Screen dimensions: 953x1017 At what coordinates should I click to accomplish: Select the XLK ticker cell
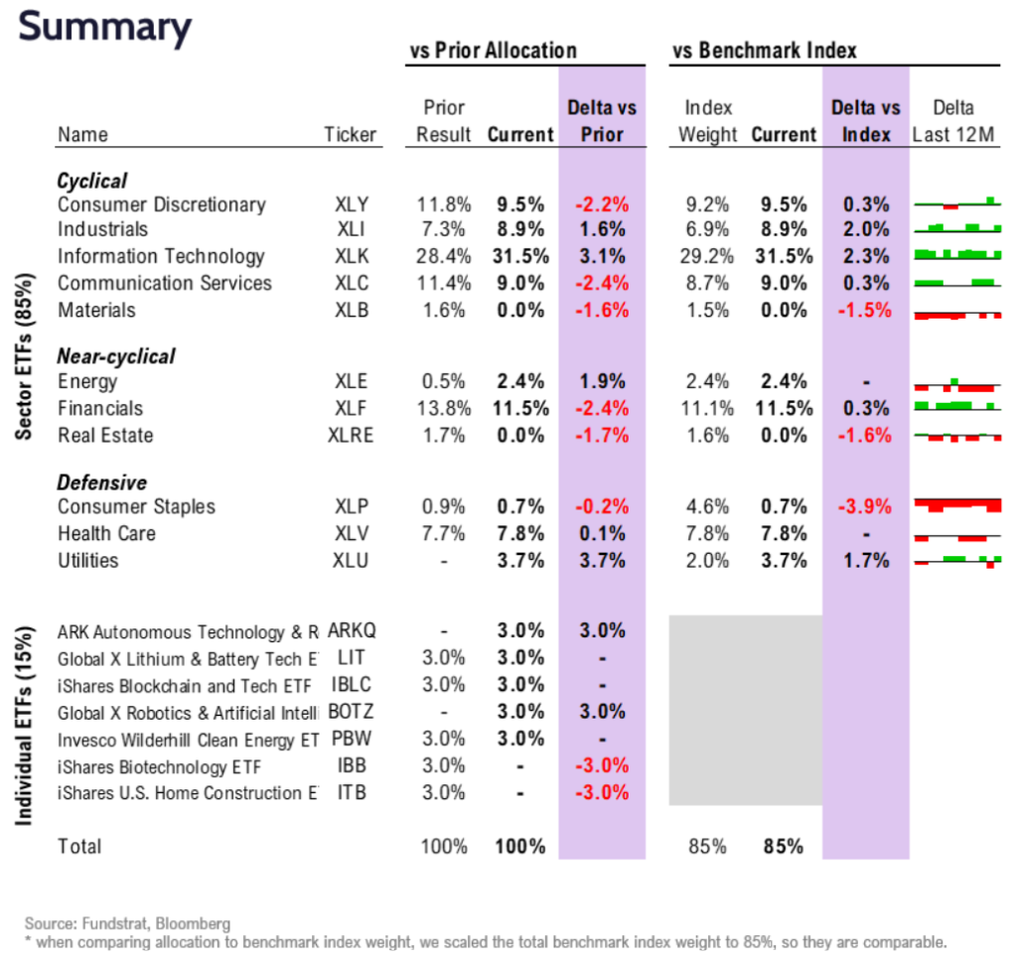coord(352,256)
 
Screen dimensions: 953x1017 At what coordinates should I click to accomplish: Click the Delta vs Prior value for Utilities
coord(603,560)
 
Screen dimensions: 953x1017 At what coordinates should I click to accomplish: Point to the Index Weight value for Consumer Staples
coord(707,506)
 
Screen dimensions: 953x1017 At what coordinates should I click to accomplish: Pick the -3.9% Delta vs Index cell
coord(866,506)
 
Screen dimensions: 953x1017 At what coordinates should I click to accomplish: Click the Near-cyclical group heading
coord(115,355)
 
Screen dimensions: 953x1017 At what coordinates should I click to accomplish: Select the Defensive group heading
coord(101,482)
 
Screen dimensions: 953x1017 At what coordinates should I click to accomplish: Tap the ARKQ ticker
coord(352,631)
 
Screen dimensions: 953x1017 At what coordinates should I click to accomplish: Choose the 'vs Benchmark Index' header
coord(764,50)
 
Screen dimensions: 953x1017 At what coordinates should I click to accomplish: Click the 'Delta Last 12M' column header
coord(954,121)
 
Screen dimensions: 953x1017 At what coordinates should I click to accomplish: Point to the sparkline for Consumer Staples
coord(957,506)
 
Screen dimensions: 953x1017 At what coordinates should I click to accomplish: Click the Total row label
coord(79,846)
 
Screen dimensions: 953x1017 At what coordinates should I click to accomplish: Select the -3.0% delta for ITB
coord(603,792)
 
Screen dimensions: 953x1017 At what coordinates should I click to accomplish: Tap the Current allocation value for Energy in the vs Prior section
coord(521,381)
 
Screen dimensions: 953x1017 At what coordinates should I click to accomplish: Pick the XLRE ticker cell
coord(352,435)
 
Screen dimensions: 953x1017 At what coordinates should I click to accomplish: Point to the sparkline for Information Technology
coord(957,256)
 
